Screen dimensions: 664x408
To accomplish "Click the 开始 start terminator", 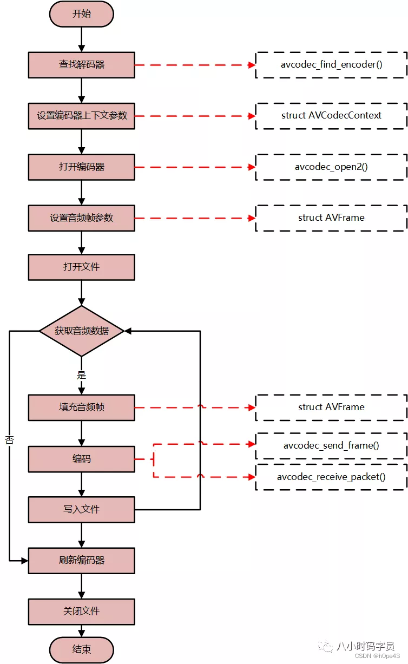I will (x=81, y=14).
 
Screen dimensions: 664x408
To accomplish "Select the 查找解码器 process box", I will (x=81, y=65).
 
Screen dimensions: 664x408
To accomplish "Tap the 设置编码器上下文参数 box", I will (x=81, y=116).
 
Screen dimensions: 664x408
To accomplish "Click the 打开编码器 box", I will (x=81, y=167).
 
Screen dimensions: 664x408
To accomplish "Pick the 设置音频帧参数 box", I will (x=81, y=218).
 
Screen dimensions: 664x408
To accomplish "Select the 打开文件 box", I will (x=81, y=267).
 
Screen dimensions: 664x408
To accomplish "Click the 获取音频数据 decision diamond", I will (x=81, y=331).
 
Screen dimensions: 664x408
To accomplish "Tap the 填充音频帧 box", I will (x=81, y=407).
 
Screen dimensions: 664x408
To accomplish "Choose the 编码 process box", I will (x=81, y=459).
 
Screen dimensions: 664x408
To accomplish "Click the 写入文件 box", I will (x=81, y=509).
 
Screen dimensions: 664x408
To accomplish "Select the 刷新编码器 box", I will (x=81, y=560).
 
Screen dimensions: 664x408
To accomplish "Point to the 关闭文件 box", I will (x=81, y=612).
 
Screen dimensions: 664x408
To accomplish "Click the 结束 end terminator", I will (x=81, y=649).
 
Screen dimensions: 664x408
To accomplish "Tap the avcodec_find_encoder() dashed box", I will (x=331, y=65).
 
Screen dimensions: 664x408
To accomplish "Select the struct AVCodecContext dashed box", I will (x=331, y=116).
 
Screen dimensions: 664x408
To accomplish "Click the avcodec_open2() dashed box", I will (x=331, y=167).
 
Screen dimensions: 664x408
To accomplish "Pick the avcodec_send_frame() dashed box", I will (x=331, y=446).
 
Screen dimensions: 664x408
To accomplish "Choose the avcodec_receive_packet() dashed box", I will (x=331, y=477).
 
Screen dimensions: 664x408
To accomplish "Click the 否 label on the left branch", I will (x=9, y=440).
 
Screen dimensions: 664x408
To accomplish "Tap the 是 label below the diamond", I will (x=81, y=374).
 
